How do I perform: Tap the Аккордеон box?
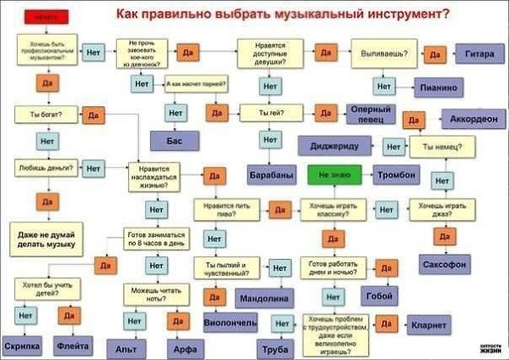point(469,120)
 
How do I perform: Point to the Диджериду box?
point(335,146)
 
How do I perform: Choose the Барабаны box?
point(271,174)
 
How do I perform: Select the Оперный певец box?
point(366,114)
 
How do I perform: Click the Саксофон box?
point(445,264)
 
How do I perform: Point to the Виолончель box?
point(229,323)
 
